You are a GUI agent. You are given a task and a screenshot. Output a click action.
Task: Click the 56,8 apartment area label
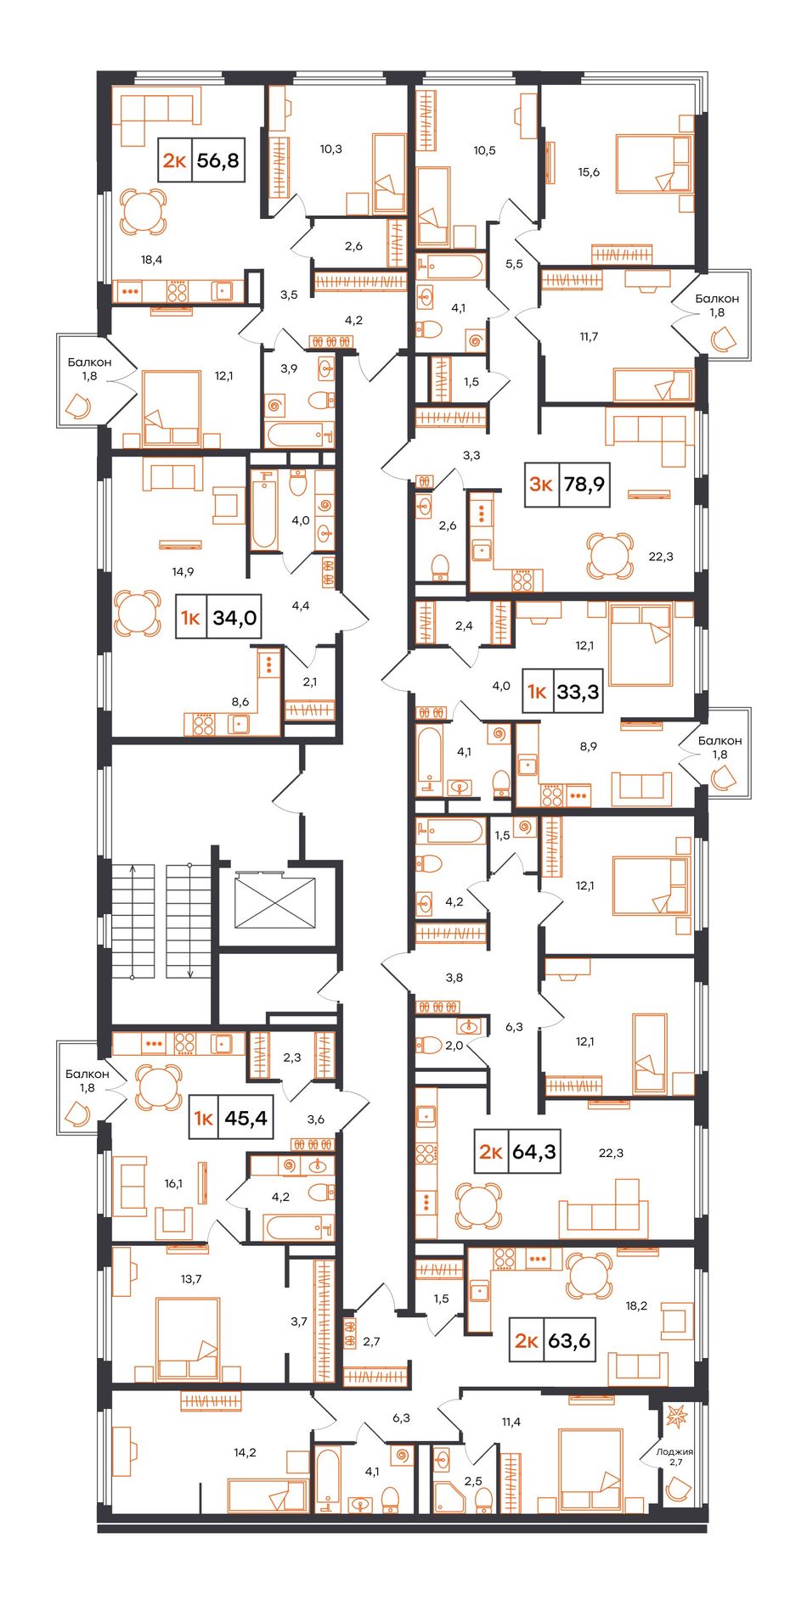point(218,160)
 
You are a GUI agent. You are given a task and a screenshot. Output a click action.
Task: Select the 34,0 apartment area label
point(234,617)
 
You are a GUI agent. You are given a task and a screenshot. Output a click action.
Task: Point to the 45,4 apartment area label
point(245,1118)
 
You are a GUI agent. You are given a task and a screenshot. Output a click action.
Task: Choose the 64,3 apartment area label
point(534,1152)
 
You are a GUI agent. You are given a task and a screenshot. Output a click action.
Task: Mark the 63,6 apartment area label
point(569,1342)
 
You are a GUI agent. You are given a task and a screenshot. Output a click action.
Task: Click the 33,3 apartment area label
point(578,692)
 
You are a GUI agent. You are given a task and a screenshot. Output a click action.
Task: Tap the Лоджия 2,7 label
point(675,1456)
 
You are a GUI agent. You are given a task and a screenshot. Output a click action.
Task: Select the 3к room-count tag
point(542,485)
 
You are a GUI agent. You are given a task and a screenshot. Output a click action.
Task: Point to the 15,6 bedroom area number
point(589,171)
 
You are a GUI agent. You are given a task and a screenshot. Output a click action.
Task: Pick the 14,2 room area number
point(245,1452)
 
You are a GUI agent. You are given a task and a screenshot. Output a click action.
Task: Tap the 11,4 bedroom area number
point(511,1422)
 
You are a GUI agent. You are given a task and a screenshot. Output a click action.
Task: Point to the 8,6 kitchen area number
point(240,702)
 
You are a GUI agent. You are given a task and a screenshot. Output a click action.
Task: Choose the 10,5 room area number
point(484,150)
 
